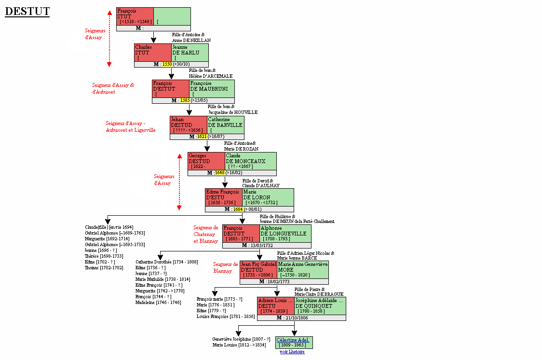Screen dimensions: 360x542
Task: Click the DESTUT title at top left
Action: (x=27, y=11)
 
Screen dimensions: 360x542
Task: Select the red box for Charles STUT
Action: (x=153, y=53)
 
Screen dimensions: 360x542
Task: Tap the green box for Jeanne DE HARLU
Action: (x=190, y=53)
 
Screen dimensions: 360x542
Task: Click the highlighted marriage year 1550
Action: (x=167, y=64)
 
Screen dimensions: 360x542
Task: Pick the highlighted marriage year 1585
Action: (x=185, y=100)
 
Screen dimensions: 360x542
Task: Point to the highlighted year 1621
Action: (x=202, y=137)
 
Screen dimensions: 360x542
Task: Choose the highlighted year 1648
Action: (x=220, y=173)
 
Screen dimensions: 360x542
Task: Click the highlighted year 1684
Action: (x=238, y=209)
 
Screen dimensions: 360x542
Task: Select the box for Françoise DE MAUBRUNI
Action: (x=212, y=89)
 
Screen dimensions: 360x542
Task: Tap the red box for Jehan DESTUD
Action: (x=189, y=125)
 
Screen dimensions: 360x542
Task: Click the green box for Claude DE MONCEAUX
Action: (x=251, y=161)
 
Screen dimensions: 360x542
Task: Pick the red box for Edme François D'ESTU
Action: (x=224, y=197)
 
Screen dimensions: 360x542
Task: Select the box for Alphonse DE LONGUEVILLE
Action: (x=285, y=234)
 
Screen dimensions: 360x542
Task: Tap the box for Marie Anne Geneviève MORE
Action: (x=303, y=270)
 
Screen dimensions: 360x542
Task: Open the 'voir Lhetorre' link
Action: (x=292, y=352)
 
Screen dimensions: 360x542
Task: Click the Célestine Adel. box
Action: (x=294, y=343)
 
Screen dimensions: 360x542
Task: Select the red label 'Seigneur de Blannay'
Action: (x=226, y=267)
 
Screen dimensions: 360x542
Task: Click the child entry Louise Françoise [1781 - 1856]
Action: (x=225, y=317)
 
